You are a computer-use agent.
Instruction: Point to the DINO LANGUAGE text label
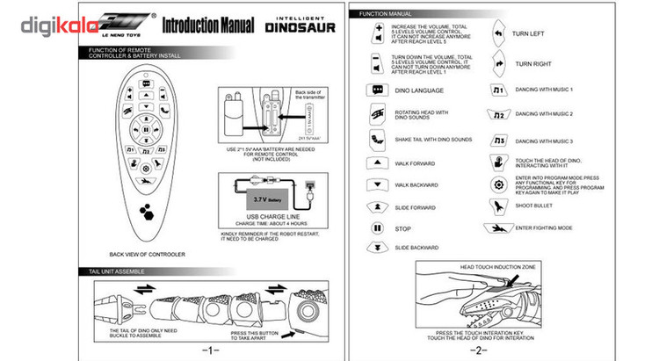(419, 90)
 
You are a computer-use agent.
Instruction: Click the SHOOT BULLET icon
(498, 206)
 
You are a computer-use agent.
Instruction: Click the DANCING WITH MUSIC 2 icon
(498, 114)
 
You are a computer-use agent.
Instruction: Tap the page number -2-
(478, 350)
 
